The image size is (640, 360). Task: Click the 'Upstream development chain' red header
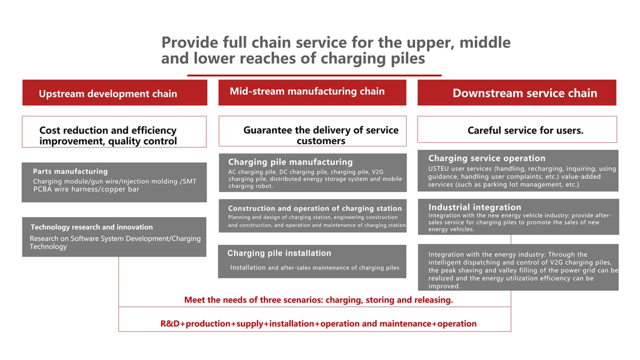click(114, 93)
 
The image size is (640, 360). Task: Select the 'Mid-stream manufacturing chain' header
click(312, 93)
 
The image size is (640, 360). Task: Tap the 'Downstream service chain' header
click(517, 93)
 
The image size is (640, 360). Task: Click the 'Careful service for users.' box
click(517, 129)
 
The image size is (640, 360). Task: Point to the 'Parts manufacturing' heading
click(70, 171)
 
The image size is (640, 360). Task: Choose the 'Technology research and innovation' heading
click(92, 227)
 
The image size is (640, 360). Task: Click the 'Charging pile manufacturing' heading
click(290, 162)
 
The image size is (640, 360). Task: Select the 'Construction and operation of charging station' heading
click(315, 208)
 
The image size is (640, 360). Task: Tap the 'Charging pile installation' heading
click(279, 253)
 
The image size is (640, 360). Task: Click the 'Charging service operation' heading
click(487, 158)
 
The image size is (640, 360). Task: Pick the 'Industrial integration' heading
click(475, 207)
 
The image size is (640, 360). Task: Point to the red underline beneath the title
click(314, 75)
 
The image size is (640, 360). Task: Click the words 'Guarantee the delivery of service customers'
click(321, 135)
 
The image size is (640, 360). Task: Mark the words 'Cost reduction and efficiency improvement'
click(108, 136)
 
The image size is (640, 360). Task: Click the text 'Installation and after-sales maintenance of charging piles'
click(314, 268)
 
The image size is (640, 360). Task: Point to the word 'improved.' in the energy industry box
click(444, 286)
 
